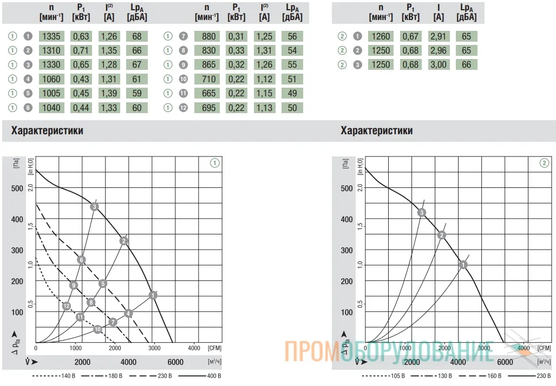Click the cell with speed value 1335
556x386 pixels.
click(x=51, y=36)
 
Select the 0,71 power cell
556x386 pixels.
click(x=81, y=50)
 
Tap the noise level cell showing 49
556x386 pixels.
click(x=292, y=93)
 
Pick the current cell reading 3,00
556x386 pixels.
click(x=439, y=64)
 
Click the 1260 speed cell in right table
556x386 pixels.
click(x=381, y=36)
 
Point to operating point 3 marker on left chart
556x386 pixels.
click(x=94, y=207)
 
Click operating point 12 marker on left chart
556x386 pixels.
click(x=66, y=306)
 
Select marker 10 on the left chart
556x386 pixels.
click(x=97, y=329)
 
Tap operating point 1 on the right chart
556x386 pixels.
click(x=463, y=265)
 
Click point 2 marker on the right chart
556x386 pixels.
click(x=441, y=235)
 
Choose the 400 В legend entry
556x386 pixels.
click(x=200, y=376)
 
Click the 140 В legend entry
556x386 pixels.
click(x=54, y=376)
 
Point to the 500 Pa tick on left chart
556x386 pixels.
click(x=17, y=188)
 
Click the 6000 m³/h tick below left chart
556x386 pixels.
click(x=175, y=362)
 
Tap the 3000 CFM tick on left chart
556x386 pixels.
click(x=154, y=348)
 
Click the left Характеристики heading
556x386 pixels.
click(x=47, y=130)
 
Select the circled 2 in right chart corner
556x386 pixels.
click(x=544, y=163)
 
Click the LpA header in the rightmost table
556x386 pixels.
click(x=466, y=12)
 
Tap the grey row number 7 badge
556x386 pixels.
click(x=183, y=36)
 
